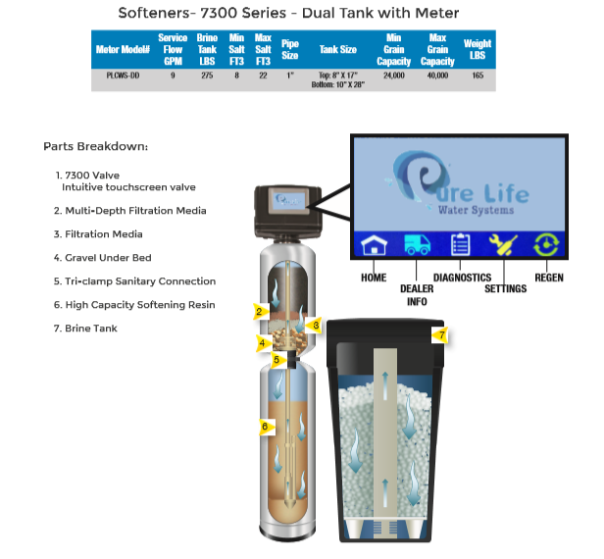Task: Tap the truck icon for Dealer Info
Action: click(x=416, y=244)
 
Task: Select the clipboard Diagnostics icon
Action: click(x=461, y=244)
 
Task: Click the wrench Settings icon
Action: click(x=504, y=244)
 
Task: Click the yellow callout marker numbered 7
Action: click(x=440, y=335)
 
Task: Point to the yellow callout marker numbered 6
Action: click(x=263, y=426)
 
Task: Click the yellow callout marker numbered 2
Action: click(x=260, y=312)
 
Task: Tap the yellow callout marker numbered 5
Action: click(x=277, y=360)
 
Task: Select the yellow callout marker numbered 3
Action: click(x=315, y=324)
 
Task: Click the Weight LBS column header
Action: click(x=478, y=49)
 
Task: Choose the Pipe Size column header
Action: click(x=290, y=49)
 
